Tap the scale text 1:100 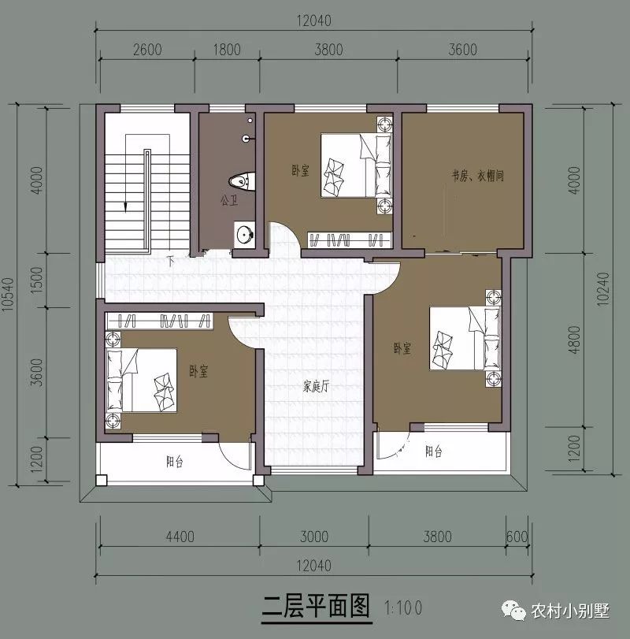[404, 607]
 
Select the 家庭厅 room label [316, 387]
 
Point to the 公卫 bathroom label [229, 201]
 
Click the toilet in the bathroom [246, 181]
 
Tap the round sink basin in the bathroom [245, 233]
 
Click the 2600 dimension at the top [146, 50]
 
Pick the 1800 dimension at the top [227, 50]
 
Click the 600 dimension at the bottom [517, 537]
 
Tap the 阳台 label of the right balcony [433, 452]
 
